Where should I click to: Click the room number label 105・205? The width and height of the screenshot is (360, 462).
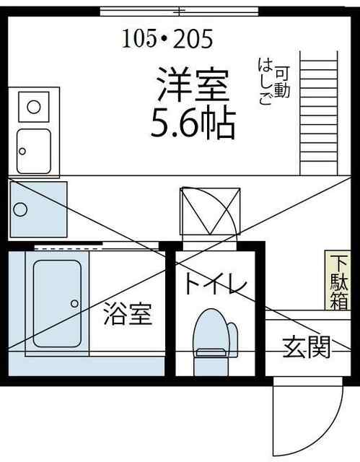pos(167,38)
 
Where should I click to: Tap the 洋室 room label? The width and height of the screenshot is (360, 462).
pos(193,84)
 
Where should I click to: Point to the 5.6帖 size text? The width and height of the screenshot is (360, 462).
pos(193,125)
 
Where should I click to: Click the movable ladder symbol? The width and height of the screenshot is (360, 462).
pos(318,113)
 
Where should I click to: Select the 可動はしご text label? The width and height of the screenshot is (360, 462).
pos(273,82)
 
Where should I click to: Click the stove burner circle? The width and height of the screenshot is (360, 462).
pos(34,106)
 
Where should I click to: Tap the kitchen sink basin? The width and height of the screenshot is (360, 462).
pos(34,151)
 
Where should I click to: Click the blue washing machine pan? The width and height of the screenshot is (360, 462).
pos(38,209)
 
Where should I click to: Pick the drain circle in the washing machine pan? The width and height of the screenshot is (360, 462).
pos(20,210)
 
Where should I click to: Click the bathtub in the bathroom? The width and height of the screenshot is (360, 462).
pos(57,303)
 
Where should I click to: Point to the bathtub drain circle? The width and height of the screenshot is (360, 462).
pos(74,303)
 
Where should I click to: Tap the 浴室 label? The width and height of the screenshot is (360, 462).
pos(128,314)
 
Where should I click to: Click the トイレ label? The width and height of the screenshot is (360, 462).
pos(216,283)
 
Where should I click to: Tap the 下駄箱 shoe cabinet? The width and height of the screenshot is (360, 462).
pos(338,280)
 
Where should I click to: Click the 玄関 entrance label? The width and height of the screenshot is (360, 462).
pos(306,347)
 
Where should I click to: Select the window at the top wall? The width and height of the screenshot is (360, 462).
pos(179,12)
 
